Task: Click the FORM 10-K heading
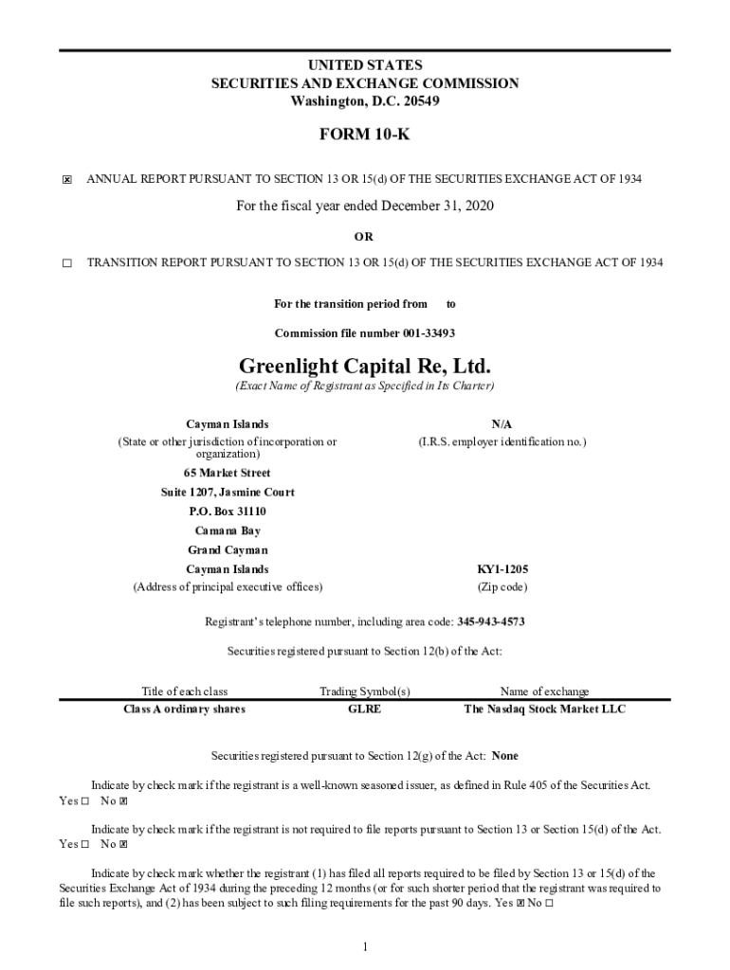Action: click(364, 135)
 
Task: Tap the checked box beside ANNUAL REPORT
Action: click(66, 180)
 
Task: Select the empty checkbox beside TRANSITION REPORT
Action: click(66, 263)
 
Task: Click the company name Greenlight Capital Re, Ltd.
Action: click(364, 366)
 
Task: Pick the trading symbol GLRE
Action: click(364, 710)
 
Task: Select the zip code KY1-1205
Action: click(502, 569)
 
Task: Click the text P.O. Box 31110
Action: click(227, 512)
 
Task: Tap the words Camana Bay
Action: click(227, 530)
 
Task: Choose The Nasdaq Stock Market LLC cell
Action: click(544, 710)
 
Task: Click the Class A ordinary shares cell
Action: click(184, 710)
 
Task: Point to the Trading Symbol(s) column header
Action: click(364, 692)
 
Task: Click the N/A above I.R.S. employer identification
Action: click(502, 424)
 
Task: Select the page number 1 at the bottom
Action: click(364, 947)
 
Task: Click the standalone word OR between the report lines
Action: click(364, 237)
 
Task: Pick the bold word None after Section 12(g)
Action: click(505, 756)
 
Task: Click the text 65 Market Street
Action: click(227, 473)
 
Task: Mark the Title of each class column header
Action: click(184, 692)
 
